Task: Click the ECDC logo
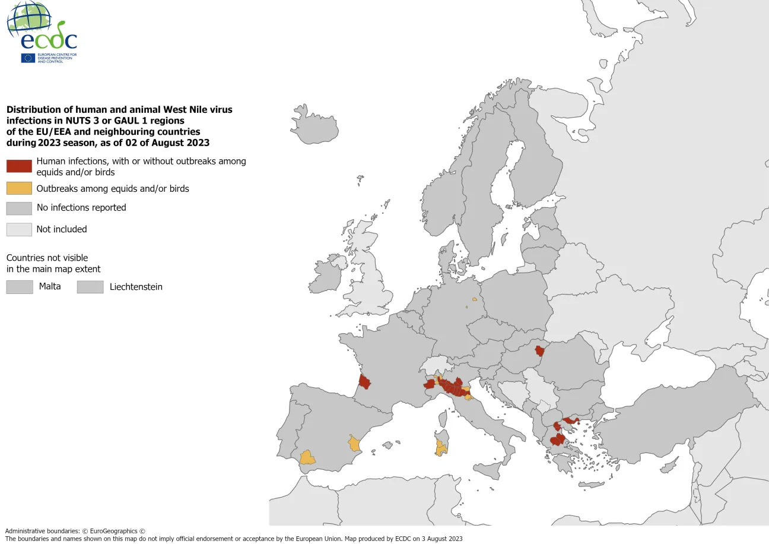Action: (42, 33)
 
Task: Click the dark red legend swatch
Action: (19, 166)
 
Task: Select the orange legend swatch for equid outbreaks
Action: (19, 188)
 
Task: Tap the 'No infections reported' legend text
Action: (81, 208)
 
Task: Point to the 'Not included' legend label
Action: (62, 229)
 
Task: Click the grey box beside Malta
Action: (19, 287)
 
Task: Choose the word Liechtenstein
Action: (136, 287)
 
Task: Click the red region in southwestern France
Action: (364, 382)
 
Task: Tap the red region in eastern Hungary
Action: (539, 350)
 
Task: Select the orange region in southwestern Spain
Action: (307, 458)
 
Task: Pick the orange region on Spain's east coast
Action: (354, 443)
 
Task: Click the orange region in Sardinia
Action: (441, 448)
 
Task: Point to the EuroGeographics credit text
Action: (75, 531)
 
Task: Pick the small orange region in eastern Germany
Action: (475, 299)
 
